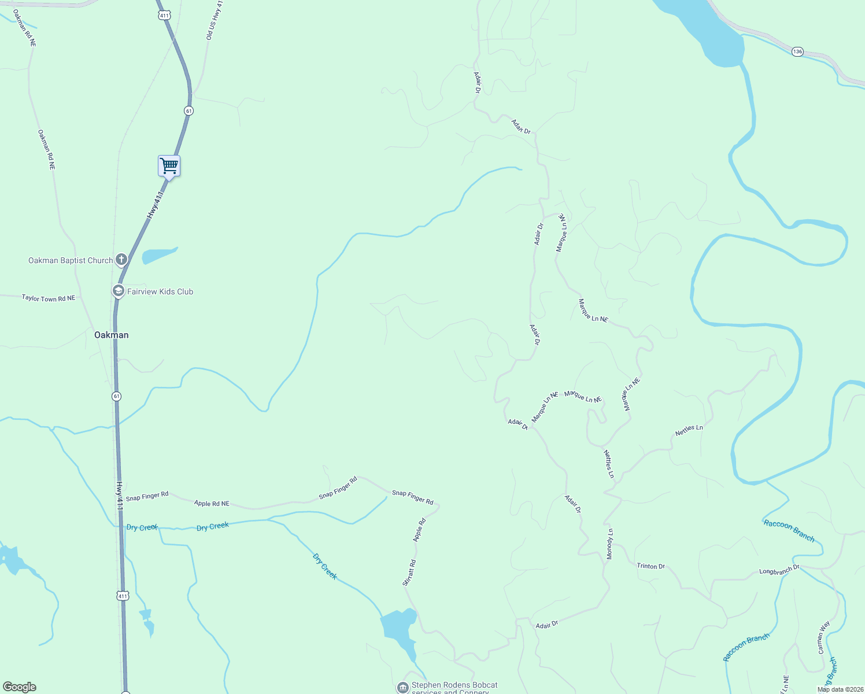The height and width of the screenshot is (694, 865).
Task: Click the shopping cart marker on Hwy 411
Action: [169, 166]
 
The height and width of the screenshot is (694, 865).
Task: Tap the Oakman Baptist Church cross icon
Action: [121, 260]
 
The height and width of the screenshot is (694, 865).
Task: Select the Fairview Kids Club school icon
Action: [118, 291]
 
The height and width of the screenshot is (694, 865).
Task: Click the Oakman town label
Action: [112, 335]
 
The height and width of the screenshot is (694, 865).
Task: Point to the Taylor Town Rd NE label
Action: [49, 298]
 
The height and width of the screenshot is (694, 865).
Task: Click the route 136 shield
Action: [798, 51]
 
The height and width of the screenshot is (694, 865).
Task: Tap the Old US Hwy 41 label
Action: [215, 20]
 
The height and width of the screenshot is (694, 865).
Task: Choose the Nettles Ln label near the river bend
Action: [689, 430]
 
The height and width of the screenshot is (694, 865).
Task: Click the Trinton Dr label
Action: [650, 566]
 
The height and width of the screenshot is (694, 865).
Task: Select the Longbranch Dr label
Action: [779, 570]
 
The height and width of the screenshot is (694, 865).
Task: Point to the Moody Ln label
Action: [609, 544]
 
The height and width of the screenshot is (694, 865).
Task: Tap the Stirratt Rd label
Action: [409, 573]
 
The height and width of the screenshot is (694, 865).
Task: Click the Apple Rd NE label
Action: [212, 504]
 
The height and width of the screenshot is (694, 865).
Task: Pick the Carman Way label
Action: [823, 637]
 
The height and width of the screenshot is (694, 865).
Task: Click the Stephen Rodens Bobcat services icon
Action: [402, 687]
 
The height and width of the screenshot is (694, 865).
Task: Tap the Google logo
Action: [20, 687]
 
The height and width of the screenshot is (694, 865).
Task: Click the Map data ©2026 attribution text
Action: [840, 689]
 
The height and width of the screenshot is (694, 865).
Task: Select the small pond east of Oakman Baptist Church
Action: [158, 255]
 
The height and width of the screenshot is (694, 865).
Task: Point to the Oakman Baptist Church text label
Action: [71, 260]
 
